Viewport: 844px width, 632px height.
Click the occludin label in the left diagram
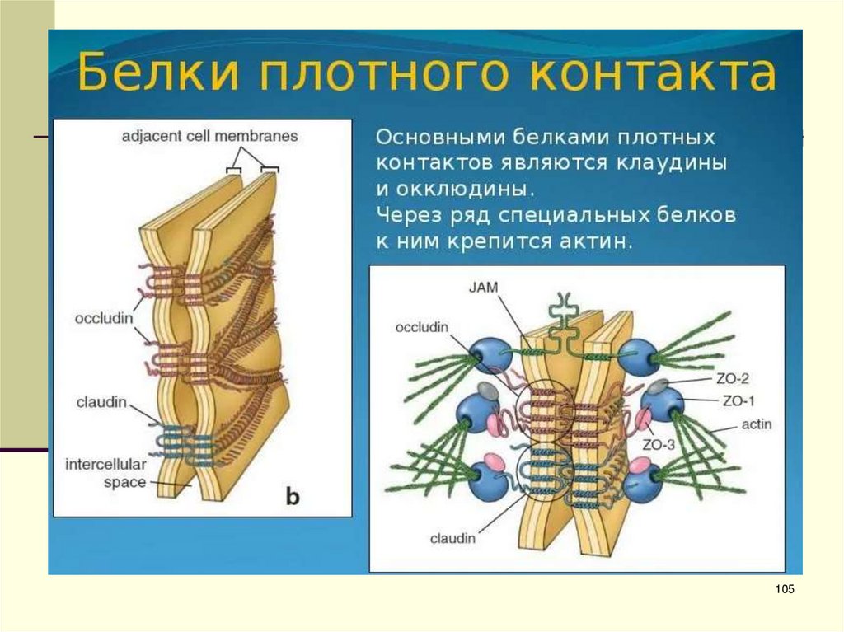(104, 318)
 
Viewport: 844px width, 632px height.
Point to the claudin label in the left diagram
(104, 401)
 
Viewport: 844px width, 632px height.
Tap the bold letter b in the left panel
(294, 495)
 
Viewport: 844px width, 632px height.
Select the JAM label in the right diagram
(485, 287)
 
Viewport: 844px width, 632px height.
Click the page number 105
(785, 588)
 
